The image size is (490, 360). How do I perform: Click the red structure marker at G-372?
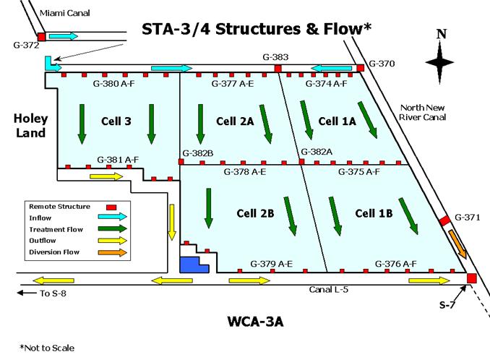42,37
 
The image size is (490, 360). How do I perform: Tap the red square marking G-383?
278,69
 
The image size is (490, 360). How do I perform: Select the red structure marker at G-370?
361,68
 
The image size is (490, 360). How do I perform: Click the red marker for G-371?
445,220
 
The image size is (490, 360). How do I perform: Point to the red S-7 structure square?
471,278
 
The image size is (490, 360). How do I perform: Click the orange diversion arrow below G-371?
457,244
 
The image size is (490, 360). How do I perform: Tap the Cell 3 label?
116,121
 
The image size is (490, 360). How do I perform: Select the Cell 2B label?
255,213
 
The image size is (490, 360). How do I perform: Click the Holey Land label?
30,126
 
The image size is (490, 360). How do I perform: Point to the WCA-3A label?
256,322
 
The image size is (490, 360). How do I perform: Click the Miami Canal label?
65,13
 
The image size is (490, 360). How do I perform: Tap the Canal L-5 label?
328,289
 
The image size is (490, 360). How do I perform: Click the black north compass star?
439,62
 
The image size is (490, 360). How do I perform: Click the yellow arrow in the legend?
113,241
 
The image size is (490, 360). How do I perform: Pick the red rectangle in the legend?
111,207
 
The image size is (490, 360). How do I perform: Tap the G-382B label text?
198,153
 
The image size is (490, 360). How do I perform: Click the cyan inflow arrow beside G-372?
64,36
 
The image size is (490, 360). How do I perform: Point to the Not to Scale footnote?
47,348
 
